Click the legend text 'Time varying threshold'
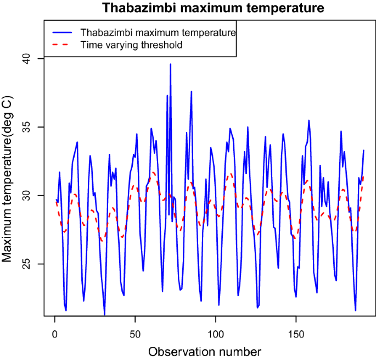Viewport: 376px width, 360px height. click(131, 45)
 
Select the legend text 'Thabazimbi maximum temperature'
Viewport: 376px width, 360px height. click(158, 32)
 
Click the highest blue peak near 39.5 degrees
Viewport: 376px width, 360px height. click(170, 64)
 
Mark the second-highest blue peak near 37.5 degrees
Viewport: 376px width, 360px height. click(192, 92)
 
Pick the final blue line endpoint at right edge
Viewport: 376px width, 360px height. click(363, 150)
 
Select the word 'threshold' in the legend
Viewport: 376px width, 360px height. click(162, 45)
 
